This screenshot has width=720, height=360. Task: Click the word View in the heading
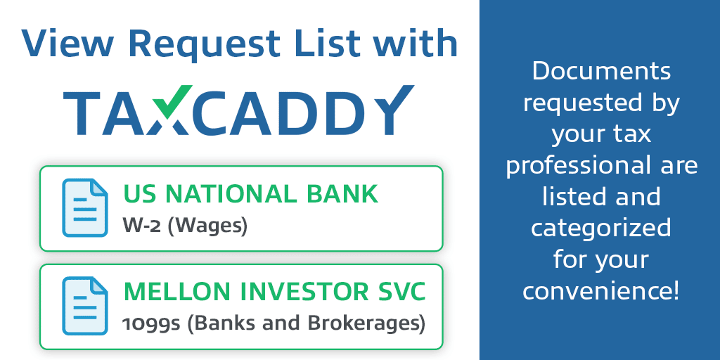click(x=67, y=43)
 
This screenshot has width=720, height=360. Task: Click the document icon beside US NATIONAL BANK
click(x=85, y=208)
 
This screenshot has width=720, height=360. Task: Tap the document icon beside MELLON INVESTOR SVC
click(x=85, y=306)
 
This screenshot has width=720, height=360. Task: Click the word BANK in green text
click(x=342, y=194)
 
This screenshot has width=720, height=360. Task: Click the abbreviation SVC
click(x=402, y=292)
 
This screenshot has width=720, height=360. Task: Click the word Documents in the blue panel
click(x=602, y=72)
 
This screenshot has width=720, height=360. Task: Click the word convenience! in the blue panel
click(x=601, y=292)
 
